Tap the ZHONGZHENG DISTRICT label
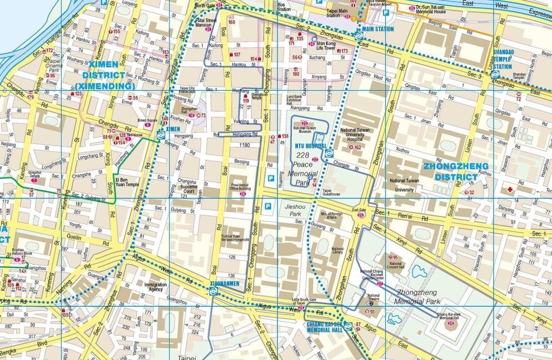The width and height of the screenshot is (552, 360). [x=456, y=172]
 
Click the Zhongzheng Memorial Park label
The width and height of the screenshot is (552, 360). [x=417, y=297]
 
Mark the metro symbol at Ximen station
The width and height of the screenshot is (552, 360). [x=160, y=134]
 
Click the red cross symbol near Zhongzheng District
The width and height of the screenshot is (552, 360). [x=510, y=189]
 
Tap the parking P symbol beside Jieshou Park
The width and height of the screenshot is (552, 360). [x=268, y=207]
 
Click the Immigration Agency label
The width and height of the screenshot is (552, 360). [x=155, y=287]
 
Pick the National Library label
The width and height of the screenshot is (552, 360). [x=337, y=252]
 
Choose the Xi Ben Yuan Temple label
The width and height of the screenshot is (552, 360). [x=127, y=182]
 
